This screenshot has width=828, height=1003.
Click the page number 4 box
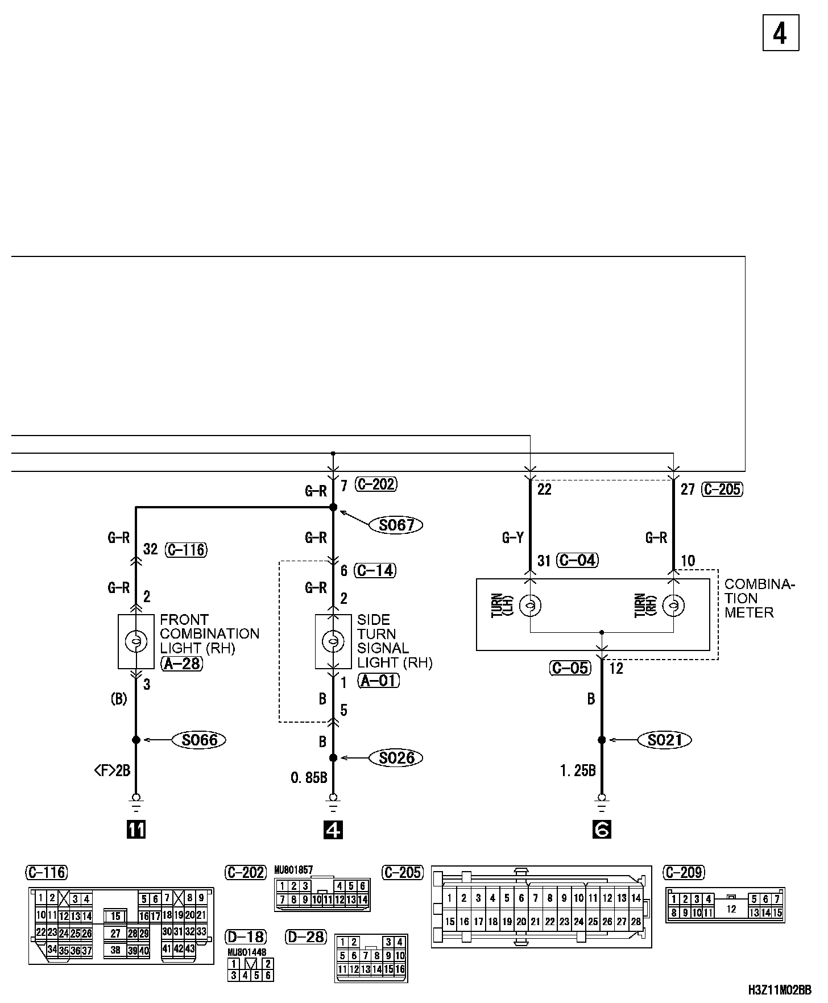(x=780, y=34)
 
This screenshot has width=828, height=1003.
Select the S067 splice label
(x=396, y=525)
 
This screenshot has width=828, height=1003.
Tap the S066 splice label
(x=200, y=740)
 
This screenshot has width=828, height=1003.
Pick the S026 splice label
(x=396, y=758)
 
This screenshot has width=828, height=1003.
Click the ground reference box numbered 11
(x=136, y=830)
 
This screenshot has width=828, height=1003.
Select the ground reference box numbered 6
(x=602, y=830)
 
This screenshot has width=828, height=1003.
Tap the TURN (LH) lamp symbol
(x=530, y=606)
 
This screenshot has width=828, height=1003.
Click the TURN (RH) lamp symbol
(x=673, y=606)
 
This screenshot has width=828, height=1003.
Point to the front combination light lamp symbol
(x=136, y=641)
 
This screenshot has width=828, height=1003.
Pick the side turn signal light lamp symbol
(x=333, y=641)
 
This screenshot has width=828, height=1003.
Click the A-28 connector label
(x=182, y=663)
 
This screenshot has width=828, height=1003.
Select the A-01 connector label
(x=379, y=681)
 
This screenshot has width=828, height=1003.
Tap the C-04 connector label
(x=578, y=561)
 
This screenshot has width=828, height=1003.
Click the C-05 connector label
(x=570, y=668)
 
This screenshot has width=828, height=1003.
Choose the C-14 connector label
(x=375, y=570)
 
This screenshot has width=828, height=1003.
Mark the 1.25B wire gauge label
(x=578, y=772)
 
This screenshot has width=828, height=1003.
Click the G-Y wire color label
(x=512, y=538)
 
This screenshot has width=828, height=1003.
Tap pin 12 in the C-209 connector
(x=731, y=909)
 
